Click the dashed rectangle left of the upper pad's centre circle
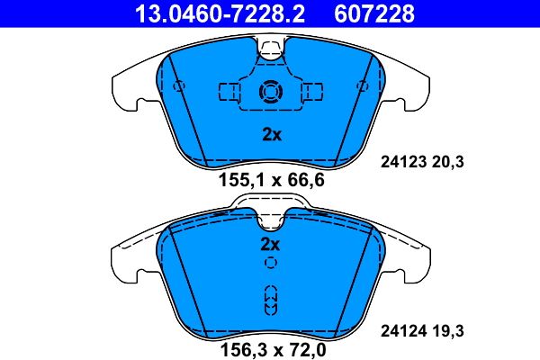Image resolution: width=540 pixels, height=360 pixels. (230, 92)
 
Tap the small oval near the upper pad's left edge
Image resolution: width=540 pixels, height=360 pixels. (179, 86)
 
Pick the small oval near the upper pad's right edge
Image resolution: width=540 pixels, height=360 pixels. (362, 86)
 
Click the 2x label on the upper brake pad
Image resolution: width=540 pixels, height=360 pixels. (271, 136)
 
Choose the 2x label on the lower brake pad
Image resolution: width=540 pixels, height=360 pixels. (271, 244)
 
